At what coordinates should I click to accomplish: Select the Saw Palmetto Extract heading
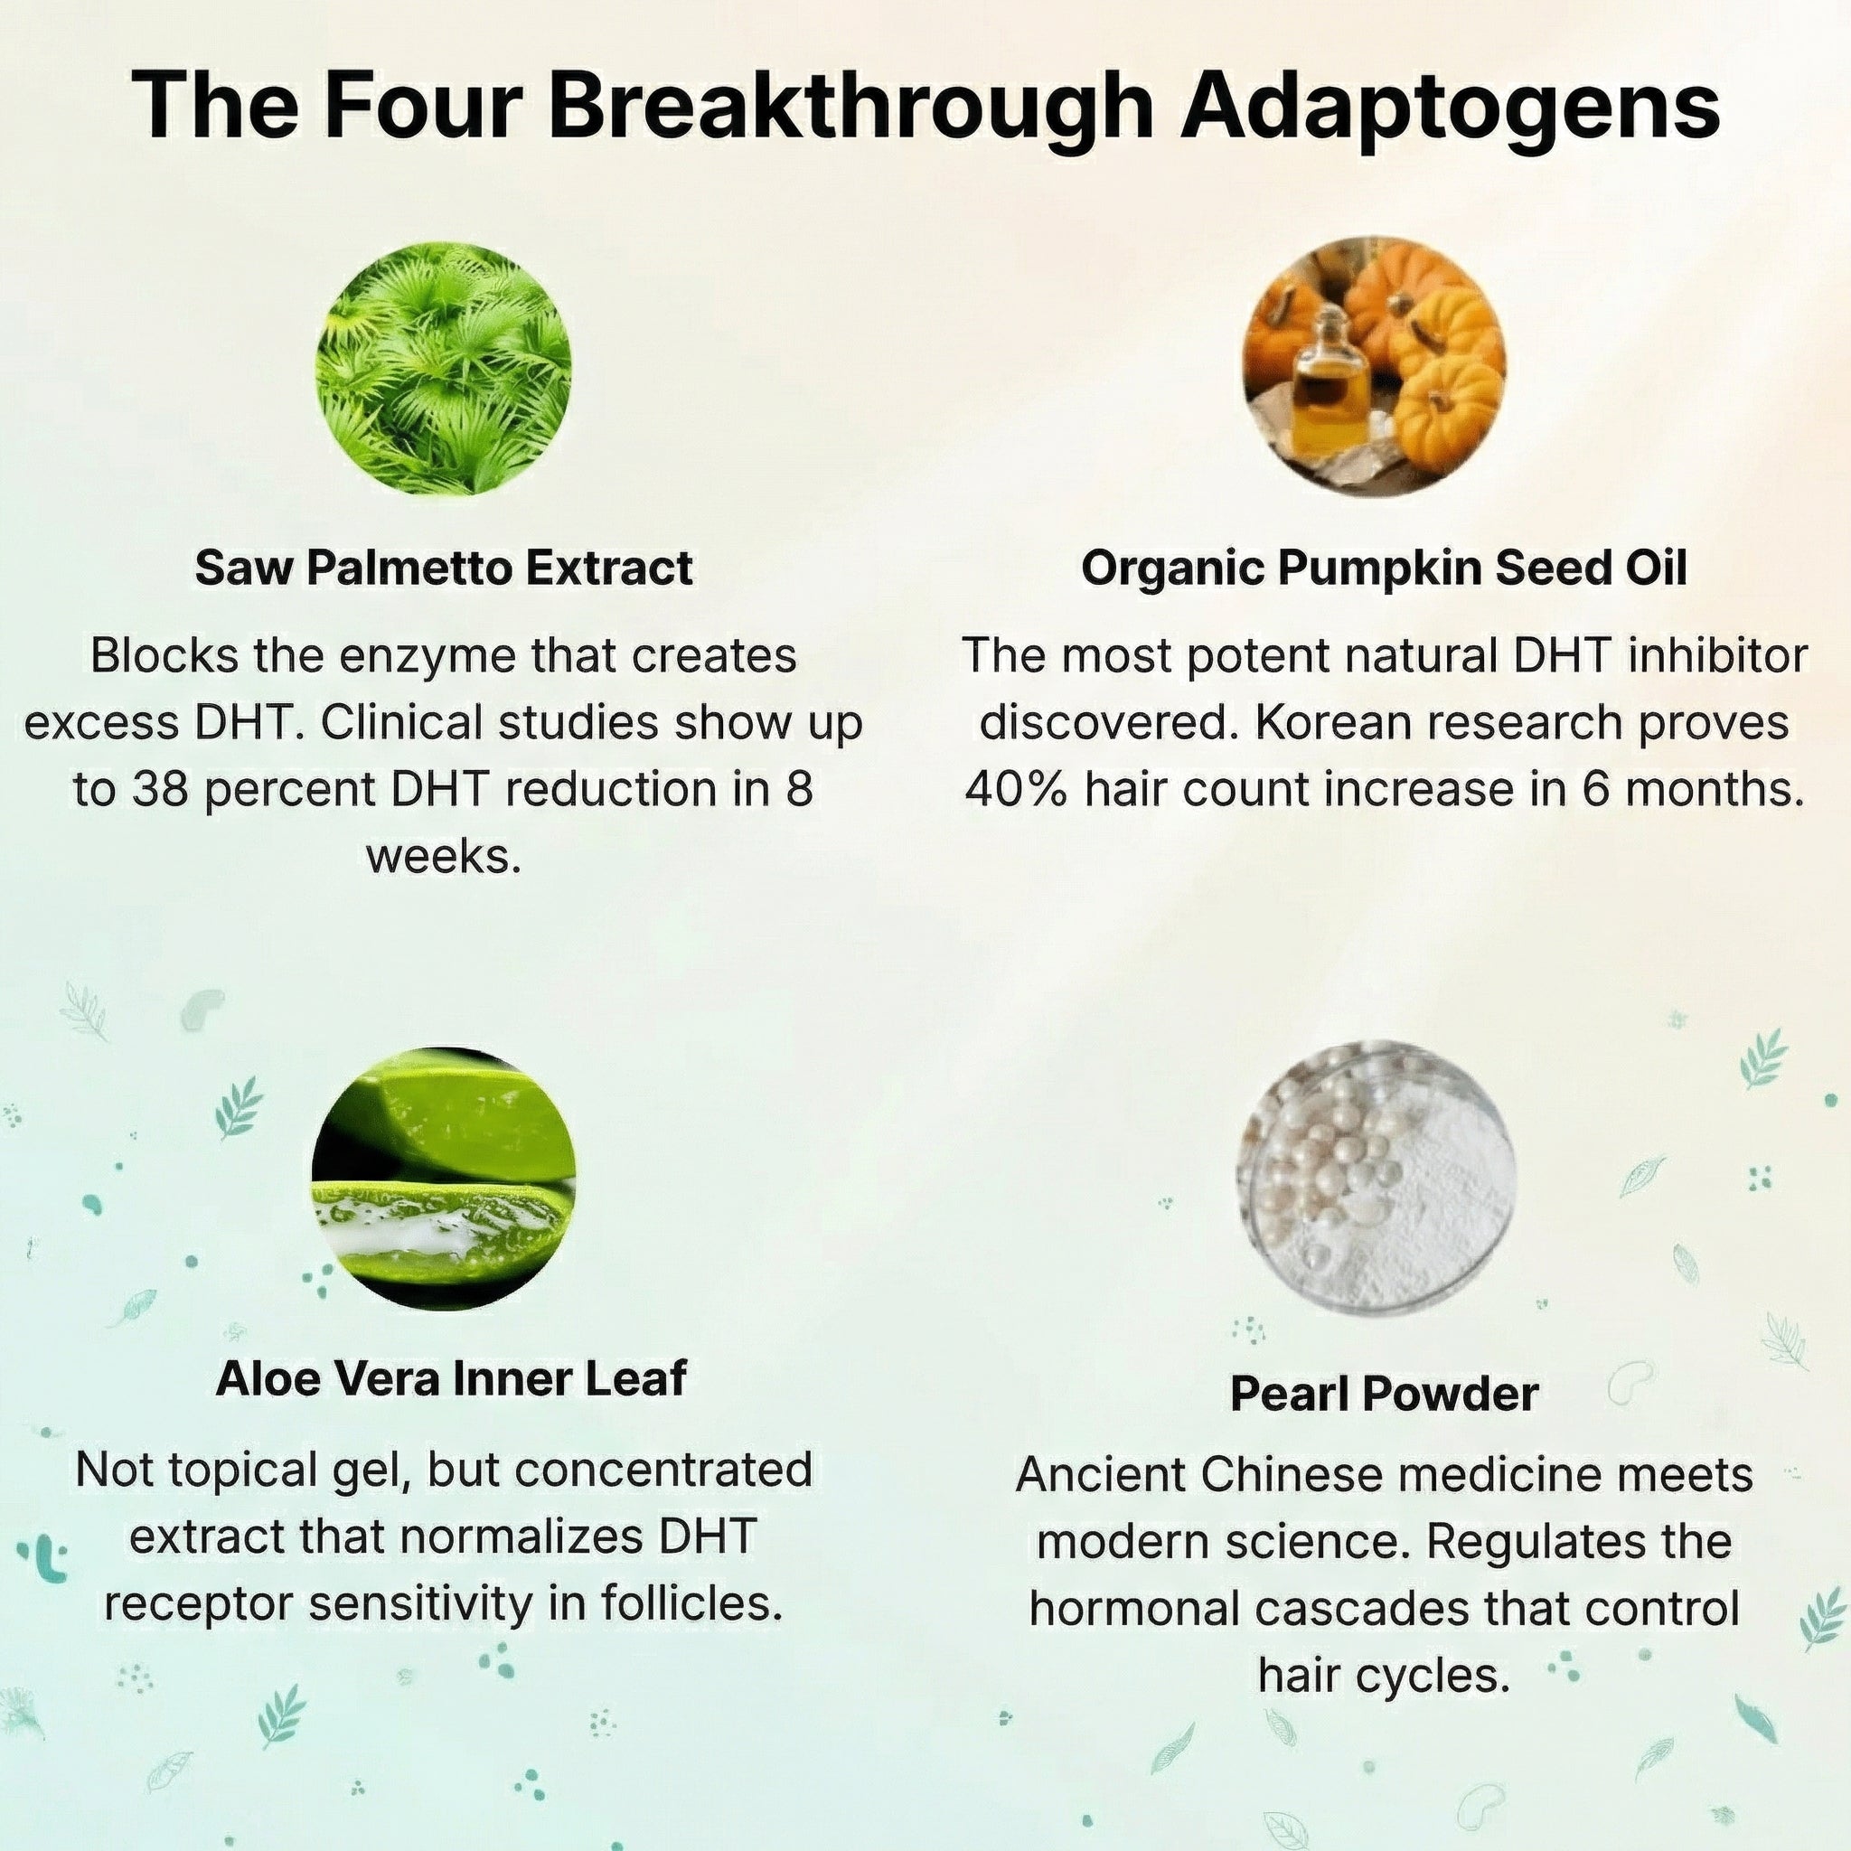click(444, 568)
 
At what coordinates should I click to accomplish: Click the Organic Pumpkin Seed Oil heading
click(1384, 568)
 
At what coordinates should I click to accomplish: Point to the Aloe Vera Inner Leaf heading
click(451, 1377)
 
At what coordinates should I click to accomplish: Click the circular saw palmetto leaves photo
click(444, 368)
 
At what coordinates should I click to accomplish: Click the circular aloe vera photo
click(444, 1179)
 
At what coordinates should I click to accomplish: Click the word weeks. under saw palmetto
click(444, 857)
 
